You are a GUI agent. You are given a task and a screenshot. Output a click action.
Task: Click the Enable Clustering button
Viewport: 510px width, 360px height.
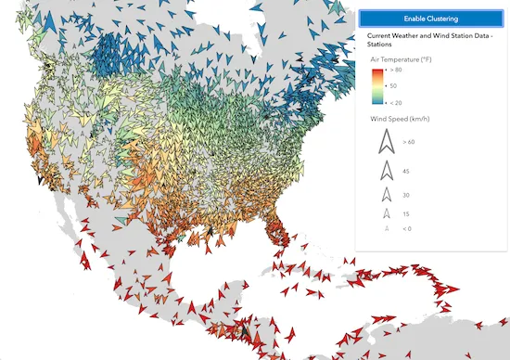tap(429, 19)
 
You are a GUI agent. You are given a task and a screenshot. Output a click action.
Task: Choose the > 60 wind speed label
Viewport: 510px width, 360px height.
tap(409, 142)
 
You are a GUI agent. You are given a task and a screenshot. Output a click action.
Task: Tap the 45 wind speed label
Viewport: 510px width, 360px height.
tap(406, 171)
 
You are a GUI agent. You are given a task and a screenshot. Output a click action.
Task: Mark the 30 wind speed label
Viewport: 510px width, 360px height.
tap(406, 195)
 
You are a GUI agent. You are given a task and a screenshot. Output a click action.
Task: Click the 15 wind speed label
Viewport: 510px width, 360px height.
tap(406, 214)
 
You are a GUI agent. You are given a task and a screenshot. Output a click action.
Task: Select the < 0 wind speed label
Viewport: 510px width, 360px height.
tap(407, 228)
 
